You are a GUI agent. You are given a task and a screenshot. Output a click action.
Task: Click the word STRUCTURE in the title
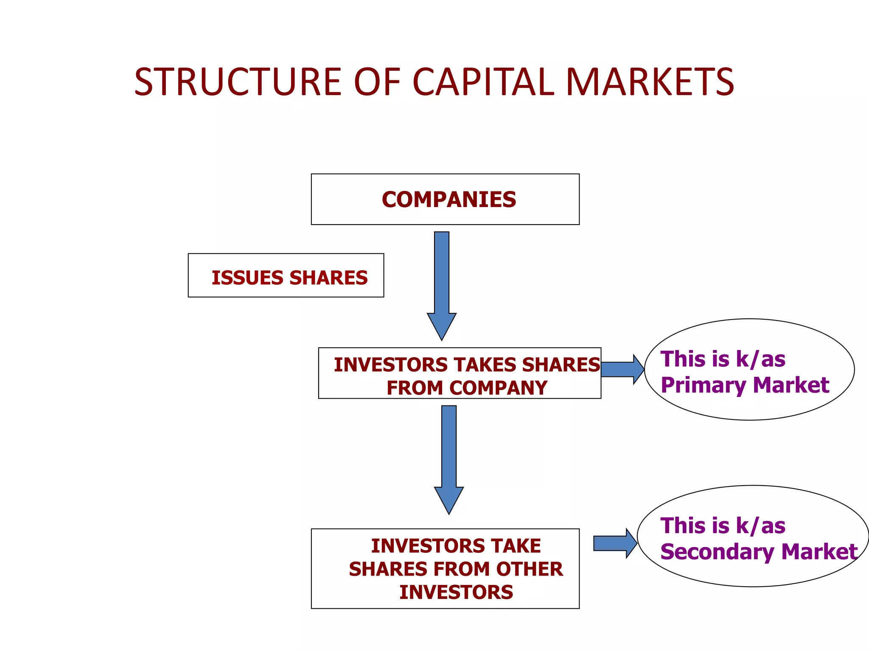coord(238,82)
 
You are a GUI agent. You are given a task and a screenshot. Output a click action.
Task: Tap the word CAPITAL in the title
coord(483,82)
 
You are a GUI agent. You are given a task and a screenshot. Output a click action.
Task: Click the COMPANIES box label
coord(449,200)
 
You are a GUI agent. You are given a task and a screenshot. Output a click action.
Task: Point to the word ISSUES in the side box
coord(247,278)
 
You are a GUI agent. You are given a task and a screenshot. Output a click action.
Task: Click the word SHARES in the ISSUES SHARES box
coord(328,278)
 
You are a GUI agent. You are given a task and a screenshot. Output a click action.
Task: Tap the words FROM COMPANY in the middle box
coord(466,388)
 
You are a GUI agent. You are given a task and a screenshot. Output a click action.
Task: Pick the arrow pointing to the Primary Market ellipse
coord(622,369)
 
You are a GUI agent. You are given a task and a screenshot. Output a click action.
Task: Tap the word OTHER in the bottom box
coord(529,569)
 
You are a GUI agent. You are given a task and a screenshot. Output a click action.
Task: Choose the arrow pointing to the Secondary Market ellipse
coord(614,543)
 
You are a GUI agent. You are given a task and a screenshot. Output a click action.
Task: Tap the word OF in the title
coord(376,82)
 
